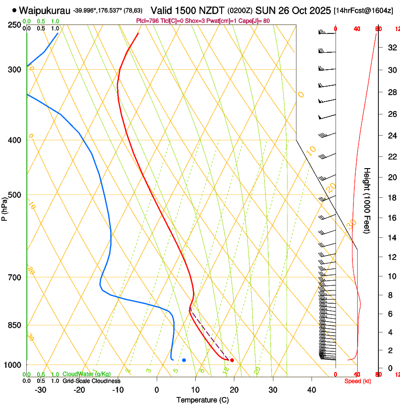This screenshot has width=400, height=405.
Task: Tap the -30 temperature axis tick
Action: click(41, 389)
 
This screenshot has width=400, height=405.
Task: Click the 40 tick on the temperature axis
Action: click(311, 389)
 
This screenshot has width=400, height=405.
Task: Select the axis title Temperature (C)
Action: click(202, 400)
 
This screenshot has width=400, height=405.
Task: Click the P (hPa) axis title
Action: click(5, 209)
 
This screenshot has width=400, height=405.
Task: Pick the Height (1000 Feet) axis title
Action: click(368, 200)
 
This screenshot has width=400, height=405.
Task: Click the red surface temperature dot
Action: click(232, 360)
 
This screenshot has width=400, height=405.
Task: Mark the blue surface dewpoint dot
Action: click(184, 360)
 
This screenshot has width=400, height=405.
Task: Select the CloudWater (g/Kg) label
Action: click(87, 374)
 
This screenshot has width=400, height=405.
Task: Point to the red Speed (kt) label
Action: click(358, 381)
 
